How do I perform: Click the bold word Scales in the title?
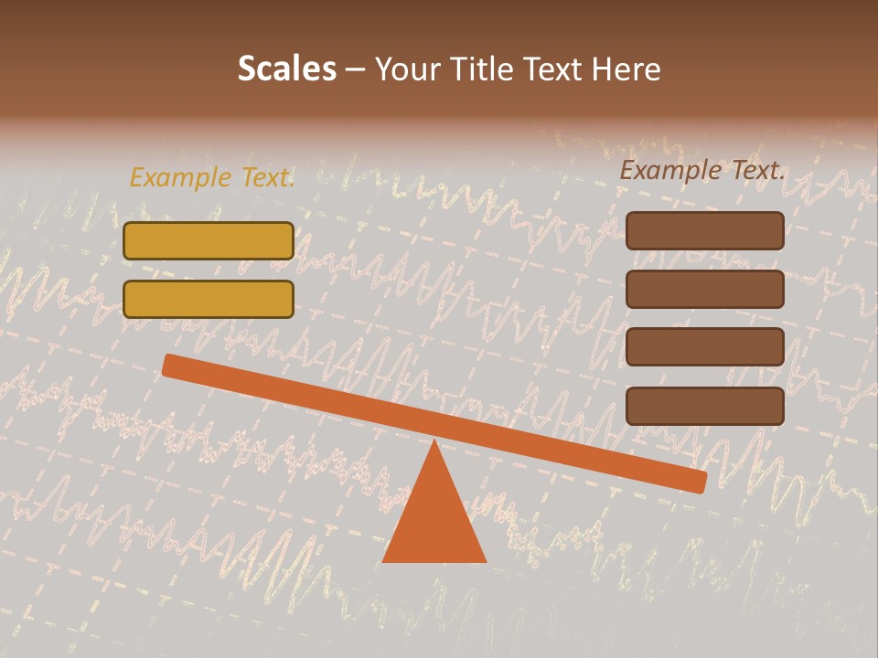click(286, 69)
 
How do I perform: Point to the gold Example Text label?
click(211, 177)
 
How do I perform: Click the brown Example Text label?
click(702, 170)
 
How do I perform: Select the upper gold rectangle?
click(209, 240)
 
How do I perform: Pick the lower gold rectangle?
click(209, 299)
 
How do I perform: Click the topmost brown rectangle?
click(705, 230)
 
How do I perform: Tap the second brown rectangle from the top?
click(705, 289)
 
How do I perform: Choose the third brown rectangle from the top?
click(705, 347)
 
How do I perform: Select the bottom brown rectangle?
click(705, 406)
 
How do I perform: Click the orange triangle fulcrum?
click(434, 516)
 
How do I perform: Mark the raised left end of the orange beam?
click(169, 365)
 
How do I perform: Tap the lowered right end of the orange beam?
click(699, 482)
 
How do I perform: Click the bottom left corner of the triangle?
click(384, 560)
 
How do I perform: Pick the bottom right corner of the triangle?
click(485, 560)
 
